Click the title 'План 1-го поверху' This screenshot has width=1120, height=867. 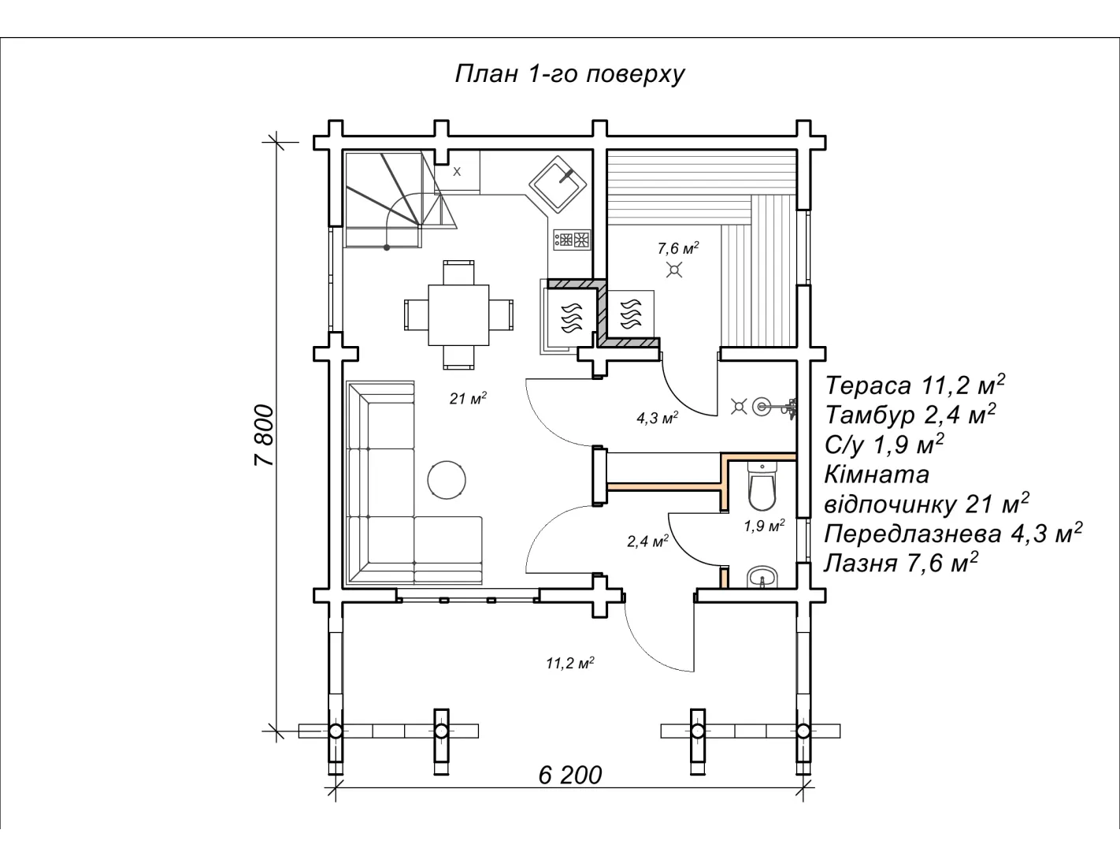click(569, 74)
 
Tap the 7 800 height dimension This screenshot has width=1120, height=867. click(265, 435)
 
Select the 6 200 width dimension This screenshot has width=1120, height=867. click(570, 775)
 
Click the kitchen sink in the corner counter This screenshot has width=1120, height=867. click(558, 184)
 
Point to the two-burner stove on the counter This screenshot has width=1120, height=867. click(572, 240)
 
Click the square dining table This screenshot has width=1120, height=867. click(458, 314)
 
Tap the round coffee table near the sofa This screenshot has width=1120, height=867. click(447, 480)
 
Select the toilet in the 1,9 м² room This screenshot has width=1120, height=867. click(762, 486)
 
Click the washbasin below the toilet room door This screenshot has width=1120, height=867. click(762, 577)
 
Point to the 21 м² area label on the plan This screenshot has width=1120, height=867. click(468, 398)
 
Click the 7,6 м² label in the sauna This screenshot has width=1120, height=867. click(678, 248)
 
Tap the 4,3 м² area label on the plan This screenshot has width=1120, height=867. click(657, 417)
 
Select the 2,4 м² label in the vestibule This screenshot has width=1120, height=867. click(648, 541)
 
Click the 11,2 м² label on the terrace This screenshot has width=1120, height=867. click(570, 662)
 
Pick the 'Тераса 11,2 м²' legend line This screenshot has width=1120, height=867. click(915, 385)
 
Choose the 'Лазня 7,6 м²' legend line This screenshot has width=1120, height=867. click(901, 562)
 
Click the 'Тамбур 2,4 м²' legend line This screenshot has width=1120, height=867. click(910, 414)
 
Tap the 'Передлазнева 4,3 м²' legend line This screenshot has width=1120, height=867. click(953, 533)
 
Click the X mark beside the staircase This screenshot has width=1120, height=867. click(457, 172)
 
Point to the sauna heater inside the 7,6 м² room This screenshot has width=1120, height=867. click(631, 314)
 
